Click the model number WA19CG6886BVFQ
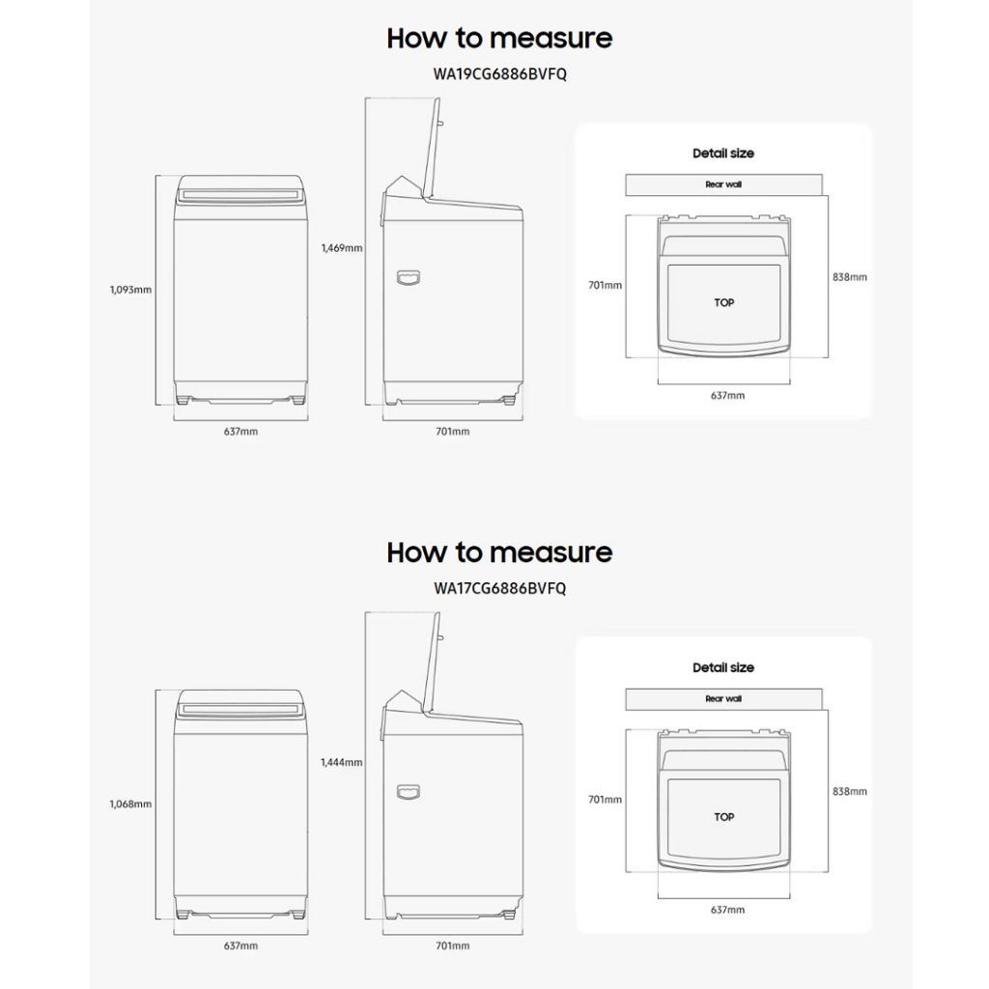[499, 73]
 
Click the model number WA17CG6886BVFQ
[499, 588]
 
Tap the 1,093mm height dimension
[130, 289]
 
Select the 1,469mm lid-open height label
[342, 248]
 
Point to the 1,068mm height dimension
[130, 804]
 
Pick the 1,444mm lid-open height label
[342, 763]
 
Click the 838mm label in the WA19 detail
[850, 277]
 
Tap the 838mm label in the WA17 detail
[850, 792]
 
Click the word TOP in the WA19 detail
[724, 302]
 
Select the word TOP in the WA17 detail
[724, 817]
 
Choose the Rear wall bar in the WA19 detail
[723, 184]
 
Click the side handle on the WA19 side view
[409, 278]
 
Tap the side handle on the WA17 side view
[409, 792]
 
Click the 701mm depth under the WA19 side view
[453, 432]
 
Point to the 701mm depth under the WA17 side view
[453, 947]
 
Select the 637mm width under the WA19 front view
[240, 432]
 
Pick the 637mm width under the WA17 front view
[240, 947]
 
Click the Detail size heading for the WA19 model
[723, 154]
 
